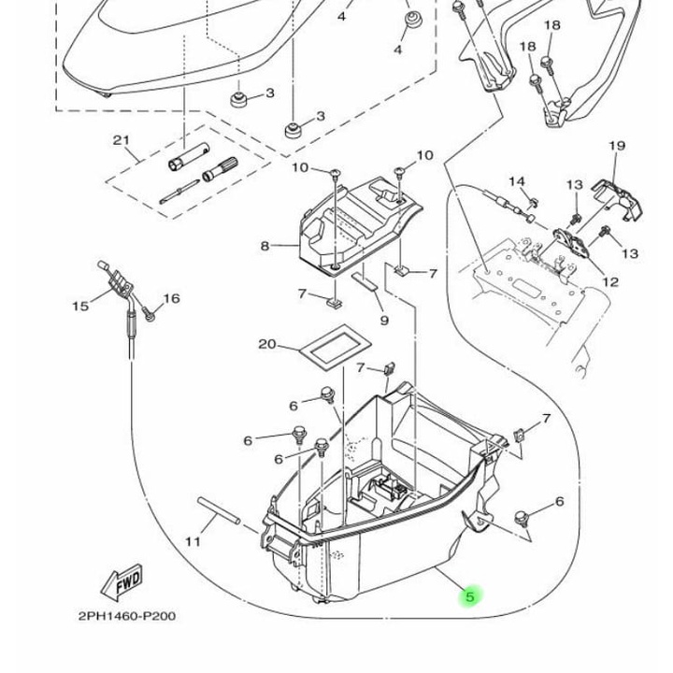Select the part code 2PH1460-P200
click(126, 616)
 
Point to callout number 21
click(121, 140)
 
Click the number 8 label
click(265, 246)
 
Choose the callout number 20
click(267, 344)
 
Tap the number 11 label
click(193, 541)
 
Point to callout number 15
click(80, 305)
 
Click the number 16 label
click(171, 299)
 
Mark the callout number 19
click(616, 146)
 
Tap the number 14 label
click(517, 181)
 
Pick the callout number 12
click(610, 281)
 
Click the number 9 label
click(384, 321)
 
